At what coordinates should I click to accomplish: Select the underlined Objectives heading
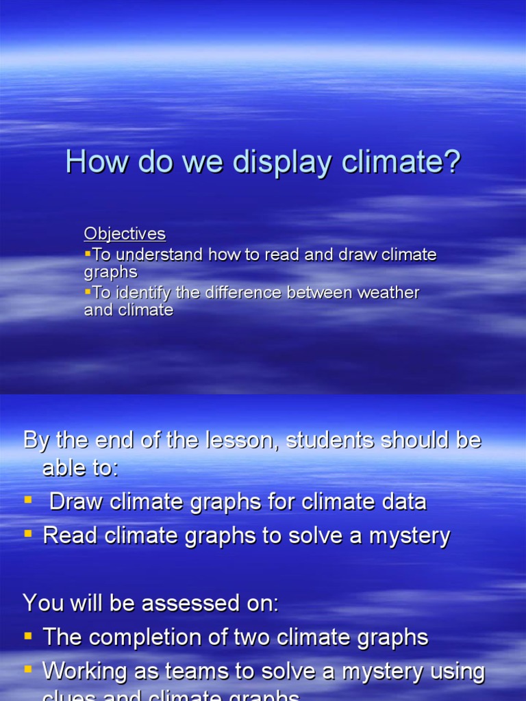coord(125,233)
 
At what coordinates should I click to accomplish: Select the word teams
coord(184,672)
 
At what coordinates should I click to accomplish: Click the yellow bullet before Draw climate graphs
coord(28,500)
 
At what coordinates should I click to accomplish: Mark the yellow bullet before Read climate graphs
coord(28,534)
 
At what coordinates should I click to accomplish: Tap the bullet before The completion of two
coord(28,636)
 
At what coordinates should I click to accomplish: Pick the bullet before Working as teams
coord(28,670)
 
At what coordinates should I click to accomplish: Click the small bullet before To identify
coord(88,292)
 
